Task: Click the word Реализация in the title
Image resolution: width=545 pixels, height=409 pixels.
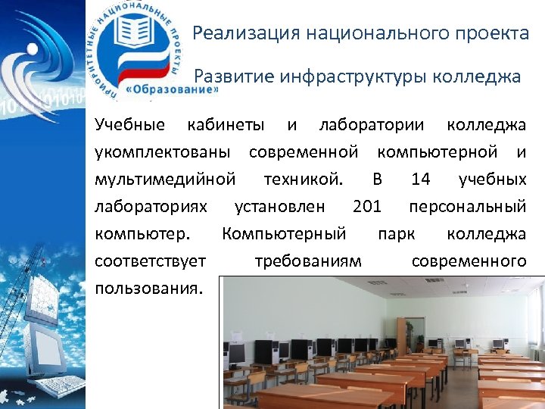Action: pos(238,34)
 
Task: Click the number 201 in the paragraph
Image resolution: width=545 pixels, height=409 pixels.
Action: pos(367,206)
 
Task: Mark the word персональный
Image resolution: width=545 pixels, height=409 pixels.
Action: pos(467,206)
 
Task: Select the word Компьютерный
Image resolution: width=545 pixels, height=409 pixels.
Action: pos(284,233)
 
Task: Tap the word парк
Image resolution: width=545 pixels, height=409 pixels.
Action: pos(396,233)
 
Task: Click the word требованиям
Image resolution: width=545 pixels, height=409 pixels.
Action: pos(308,261)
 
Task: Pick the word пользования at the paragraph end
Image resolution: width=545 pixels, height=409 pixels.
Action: pos(149,288)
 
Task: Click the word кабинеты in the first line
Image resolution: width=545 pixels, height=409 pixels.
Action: pos(226,125)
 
